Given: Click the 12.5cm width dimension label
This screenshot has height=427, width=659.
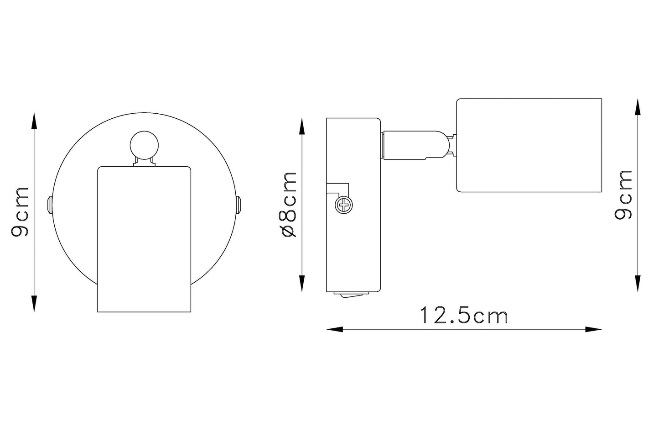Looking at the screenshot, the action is pos(464,315).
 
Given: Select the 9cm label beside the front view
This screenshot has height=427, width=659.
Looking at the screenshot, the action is pos(20,211).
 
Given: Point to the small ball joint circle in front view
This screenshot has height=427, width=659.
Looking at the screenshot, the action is pos(144,145).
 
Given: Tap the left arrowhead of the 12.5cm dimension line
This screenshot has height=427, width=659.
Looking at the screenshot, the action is pos(334,329).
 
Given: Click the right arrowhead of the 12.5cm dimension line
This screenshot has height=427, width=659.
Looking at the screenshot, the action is pos(593,329).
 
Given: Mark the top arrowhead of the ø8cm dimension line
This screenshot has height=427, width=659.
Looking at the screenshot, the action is pos(302,127).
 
